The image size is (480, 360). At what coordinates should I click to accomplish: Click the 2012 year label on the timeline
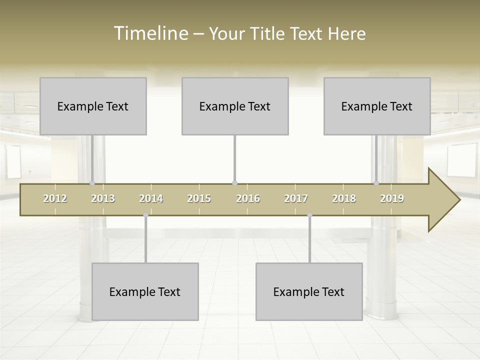(55, 199)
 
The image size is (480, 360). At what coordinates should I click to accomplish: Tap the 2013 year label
(103, 199)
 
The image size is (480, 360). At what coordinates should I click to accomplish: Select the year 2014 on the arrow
(151, 199)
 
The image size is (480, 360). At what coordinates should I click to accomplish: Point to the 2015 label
(199, 199)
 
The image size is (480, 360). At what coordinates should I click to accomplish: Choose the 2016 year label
(248, 199)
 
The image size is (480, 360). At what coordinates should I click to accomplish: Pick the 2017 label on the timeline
(296, 199)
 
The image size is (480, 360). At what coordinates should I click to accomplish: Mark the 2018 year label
(344, 199)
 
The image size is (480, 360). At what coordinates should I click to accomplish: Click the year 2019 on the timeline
(392, 199)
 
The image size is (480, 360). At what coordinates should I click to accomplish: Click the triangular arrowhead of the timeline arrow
(443, 200)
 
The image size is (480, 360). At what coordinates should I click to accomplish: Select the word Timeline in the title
(150, 33)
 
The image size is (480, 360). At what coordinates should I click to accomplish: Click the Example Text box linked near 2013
(93, 106)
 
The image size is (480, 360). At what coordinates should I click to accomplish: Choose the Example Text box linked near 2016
(235, 106)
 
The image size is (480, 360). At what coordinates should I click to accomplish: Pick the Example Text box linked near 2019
(377, 106)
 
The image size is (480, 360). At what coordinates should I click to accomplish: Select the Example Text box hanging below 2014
(145, 291)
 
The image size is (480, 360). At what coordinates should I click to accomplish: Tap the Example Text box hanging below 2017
(309, 291)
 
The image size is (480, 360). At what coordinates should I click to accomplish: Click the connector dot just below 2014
(145, 215)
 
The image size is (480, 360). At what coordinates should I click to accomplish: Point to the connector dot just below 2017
(309, 215)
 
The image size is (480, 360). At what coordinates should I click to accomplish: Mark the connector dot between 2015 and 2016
(234, 183)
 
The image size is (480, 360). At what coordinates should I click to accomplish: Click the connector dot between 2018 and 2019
(376, 183)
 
